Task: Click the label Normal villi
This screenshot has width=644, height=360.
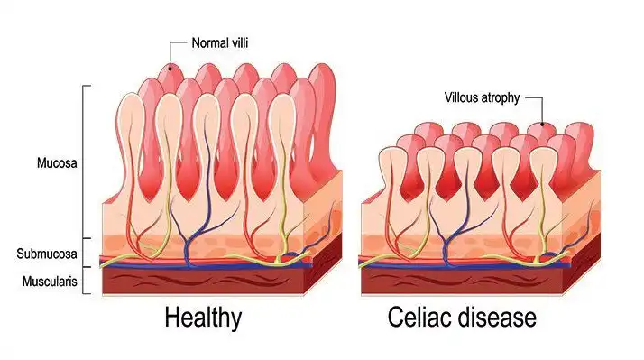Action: (x=220, y=42)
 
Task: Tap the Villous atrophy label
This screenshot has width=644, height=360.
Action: (x=483, y=97)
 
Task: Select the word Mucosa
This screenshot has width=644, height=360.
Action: (x=57, y=162)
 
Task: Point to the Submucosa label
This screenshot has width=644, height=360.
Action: (x=47, y=254)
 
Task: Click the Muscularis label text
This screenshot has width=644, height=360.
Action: (x=50, y=282)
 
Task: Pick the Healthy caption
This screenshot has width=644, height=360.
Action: (x=203, y=318)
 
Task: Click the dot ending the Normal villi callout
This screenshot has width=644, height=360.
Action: (x=170, y=69)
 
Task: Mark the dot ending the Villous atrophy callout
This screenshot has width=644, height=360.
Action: (x=542, y=124)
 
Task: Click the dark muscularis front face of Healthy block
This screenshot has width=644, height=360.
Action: (x=203, y=282)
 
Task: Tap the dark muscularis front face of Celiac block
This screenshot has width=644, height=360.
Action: (x=462, y=282)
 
